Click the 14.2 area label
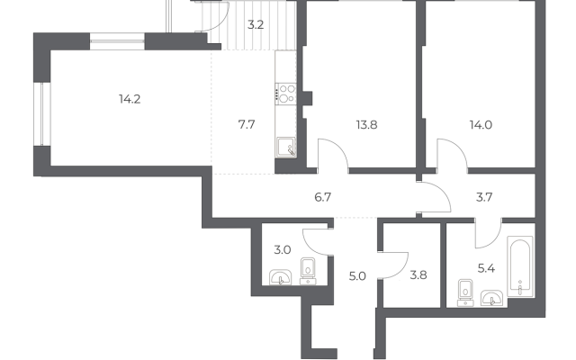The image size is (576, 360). (130, 99)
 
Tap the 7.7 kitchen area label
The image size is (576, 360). (247, 124)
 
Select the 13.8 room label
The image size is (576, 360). (366, 125)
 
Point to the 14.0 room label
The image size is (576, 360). (481, 125)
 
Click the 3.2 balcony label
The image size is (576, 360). (256, 25)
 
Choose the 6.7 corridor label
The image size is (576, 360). (323, 197)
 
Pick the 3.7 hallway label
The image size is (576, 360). (484, 197)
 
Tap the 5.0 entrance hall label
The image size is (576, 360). (357, 276)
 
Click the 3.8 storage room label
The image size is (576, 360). (418, 274)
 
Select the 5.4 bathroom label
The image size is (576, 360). (486, 268)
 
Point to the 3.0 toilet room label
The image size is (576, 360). (283, 250)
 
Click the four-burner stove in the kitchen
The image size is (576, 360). (286, 94)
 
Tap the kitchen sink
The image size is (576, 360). (286, 148)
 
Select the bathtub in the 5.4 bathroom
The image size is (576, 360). (520, 266)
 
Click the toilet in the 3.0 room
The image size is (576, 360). (308, 271)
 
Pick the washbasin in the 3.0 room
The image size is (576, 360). (280, 277)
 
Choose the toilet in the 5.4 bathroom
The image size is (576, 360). (465, 292)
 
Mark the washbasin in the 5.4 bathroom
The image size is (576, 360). (492, 298)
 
